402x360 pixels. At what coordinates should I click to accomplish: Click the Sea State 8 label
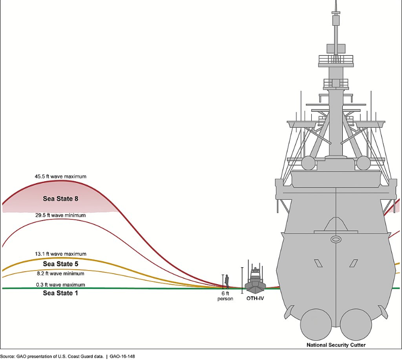[x=61, y=199]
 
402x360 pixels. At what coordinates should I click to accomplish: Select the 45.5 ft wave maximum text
[x=61, y=176]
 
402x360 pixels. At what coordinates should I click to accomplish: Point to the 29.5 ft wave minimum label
[x=61, y=215]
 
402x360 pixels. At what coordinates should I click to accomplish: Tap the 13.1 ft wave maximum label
[x=61, y=254]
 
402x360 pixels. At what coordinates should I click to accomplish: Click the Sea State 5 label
[x=61, y=264]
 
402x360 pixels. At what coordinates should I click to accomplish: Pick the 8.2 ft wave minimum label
[x=61, y=274]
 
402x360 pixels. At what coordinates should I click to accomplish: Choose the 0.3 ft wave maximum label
[x=61, y=285]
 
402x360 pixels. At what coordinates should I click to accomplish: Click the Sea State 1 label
[x=60, y=293]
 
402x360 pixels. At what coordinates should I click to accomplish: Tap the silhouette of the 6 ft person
[x=227, y=281]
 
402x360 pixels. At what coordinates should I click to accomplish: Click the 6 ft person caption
[x=225, y=296]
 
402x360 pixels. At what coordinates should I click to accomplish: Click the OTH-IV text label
[x=255, y=298]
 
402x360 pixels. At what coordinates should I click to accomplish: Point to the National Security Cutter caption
[x=336, y=345]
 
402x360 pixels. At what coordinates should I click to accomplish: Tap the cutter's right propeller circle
[x=356, y=325]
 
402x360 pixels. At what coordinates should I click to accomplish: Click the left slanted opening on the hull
[x=318, y=263]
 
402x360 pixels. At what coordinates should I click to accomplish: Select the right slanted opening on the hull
[x=353, y=263]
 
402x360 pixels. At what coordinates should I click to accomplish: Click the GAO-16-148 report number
[x=122, y=357]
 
